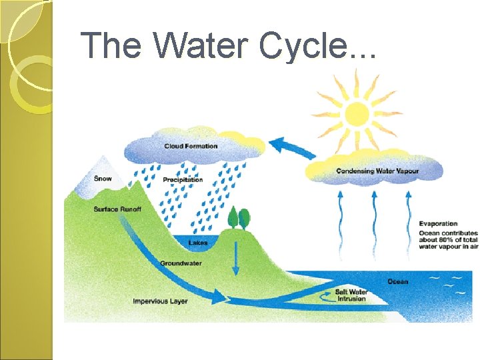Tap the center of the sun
point(357,111)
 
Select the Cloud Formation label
point(191,146)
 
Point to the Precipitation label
point(183,179)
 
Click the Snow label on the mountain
point(103,178)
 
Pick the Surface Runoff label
point(117,209)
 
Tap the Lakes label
point(198,243)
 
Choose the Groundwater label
point(181,263)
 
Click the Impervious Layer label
point(160,301)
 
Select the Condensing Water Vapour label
point(377,171)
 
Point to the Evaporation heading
point(438,223)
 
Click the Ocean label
point(398,281)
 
